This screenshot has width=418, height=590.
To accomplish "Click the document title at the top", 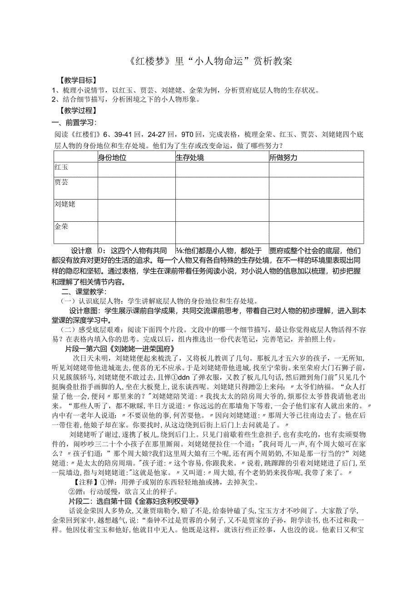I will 209,61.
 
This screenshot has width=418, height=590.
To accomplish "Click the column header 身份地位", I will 112,157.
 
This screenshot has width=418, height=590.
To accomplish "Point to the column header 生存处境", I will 190,157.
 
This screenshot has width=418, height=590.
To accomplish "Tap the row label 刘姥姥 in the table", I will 65,204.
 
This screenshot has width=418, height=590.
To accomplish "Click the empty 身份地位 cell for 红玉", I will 136,170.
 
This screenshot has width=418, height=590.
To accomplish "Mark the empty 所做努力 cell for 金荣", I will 316,232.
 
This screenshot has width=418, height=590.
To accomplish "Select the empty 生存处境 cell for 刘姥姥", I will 222,210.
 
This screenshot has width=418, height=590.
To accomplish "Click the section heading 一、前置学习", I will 75,122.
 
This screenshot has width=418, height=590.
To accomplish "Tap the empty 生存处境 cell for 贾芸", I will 222,188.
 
